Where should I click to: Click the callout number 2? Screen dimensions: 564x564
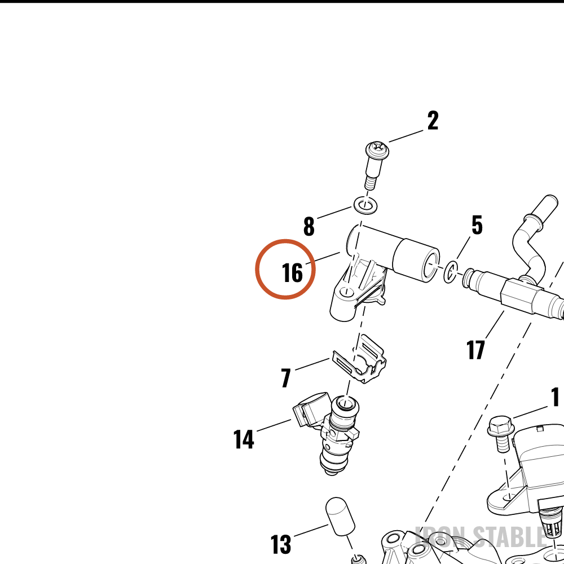tap(433, 121)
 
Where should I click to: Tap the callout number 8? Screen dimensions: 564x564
tap(309, 226)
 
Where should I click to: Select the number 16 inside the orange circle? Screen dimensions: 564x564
tap(292, 272)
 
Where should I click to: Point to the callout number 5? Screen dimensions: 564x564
tap(477, 225)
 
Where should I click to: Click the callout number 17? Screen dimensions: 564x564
tap(475, 350)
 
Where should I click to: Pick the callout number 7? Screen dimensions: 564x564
tap(286, 378)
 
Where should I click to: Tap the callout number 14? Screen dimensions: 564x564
tap(244, 439)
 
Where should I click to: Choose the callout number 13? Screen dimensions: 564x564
tap(280, 544)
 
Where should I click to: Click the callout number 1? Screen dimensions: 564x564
tap(556, 396)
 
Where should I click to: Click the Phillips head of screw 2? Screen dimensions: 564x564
tap(377, 149)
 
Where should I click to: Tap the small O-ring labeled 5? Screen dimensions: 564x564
tap(450, 272)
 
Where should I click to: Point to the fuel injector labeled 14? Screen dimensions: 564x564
tap(333, 431)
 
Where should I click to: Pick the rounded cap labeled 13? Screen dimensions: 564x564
tap(340, 517)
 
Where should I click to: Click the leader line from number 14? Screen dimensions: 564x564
tap(274, 425)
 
